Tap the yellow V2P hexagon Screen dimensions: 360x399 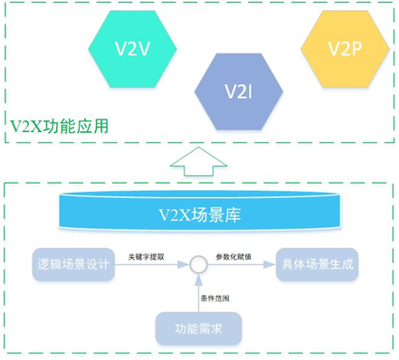click(345, 48)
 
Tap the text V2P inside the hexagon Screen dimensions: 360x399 click(345, 48)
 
